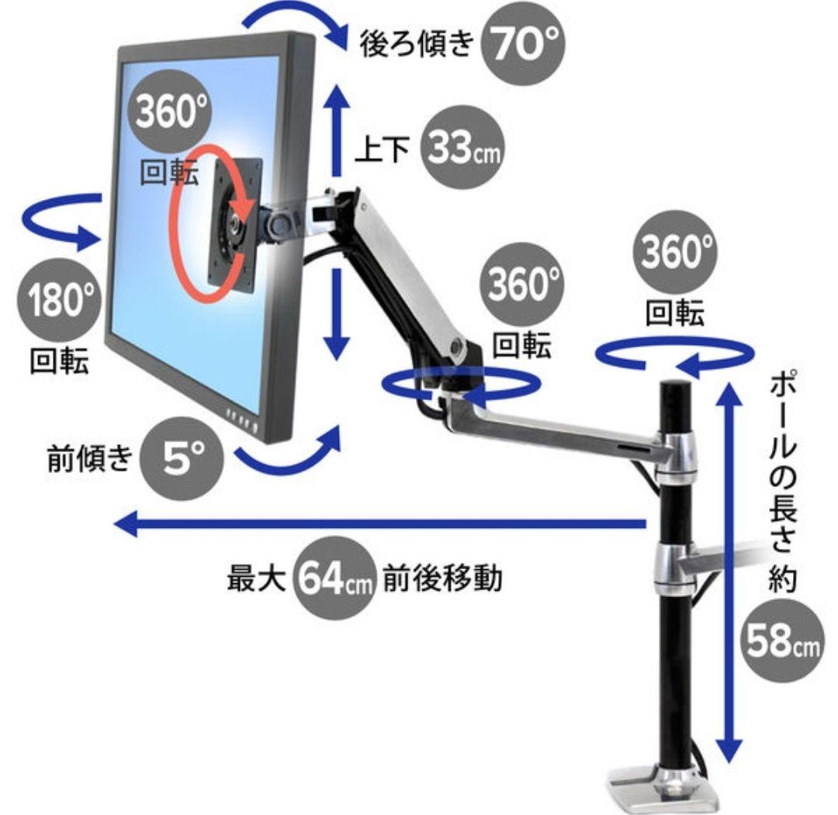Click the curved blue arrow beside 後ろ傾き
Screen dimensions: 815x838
295,23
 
